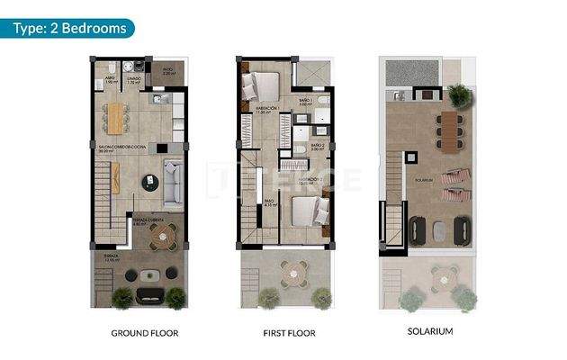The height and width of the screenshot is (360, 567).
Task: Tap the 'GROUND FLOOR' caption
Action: pyautogui.click(x=144, y=333)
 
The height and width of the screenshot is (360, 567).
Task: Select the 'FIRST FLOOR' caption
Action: pyautogui.click(x=289, y=333)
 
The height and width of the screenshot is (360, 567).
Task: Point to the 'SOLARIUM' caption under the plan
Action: pyautogui.click(x=429, y=331)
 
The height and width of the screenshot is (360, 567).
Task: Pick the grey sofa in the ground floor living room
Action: pyautogui.click(x=174, y=171)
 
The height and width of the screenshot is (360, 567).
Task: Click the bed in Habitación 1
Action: pyautogui.click(x=264, y=87)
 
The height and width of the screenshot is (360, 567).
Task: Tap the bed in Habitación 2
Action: pyautogui.click(x=305, y=211)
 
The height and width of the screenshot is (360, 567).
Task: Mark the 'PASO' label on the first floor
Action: pyautogui.click(x=268, y=202)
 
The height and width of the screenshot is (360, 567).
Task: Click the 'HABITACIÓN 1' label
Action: pyautogui.click(x=268, y=108)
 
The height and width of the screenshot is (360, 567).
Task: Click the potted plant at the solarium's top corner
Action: pyautogui.click(x=458, y=93)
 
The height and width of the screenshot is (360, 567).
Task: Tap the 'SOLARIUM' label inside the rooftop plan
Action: pyautogui.click(x=426, y=179)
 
